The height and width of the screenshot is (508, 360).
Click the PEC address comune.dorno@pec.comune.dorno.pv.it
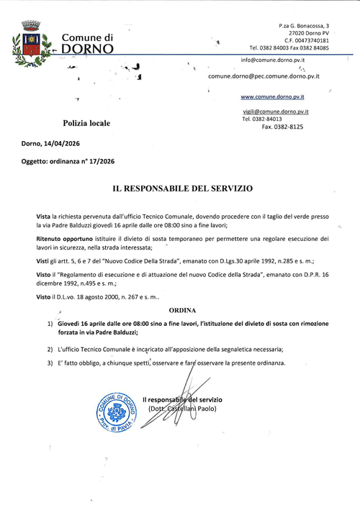264,76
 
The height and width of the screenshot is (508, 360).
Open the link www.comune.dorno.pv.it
273,96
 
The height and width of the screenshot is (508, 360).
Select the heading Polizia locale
86,124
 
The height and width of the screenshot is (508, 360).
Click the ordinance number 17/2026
99,163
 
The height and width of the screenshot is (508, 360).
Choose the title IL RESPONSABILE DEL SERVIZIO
182,189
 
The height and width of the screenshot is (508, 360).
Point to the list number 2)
50,349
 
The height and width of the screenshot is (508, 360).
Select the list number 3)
50,363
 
